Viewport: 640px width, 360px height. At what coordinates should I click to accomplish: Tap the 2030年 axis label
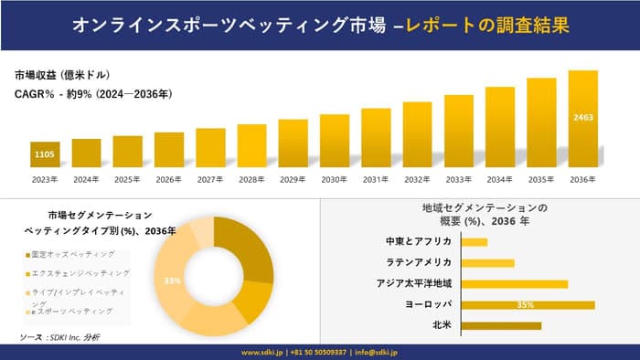click(x=335, y=179)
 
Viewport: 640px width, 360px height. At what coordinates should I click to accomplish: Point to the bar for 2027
click(x=210, y=149)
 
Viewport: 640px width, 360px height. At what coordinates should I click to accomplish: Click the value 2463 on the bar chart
click(x=582, y=118)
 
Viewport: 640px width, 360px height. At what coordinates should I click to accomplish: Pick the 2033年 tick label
click(x=458, y=179)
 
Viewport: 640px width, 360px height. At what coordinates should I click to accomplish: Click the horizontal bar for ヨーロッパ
click(x=528, y=304)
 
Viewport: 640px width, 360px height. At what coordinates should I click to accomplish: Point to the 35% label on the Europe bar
click(x=525, y=304)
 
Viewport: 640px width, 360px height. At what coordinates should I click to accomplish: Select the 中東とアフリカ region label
click(x=420, y=242)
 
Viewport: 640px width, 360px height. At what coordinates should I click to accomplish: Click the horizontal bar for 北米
click(x=501, y=325)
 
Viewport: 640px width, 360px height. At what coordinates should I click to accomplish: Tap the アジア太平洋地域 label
click(x=413, y=283)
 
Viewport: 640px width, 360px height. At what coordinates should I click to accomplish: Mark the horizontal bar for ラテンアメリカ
click(x=487, y=263)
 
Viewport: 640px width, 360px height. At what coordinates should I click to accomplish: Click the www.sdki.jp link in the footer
click(x=262, y=352)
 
